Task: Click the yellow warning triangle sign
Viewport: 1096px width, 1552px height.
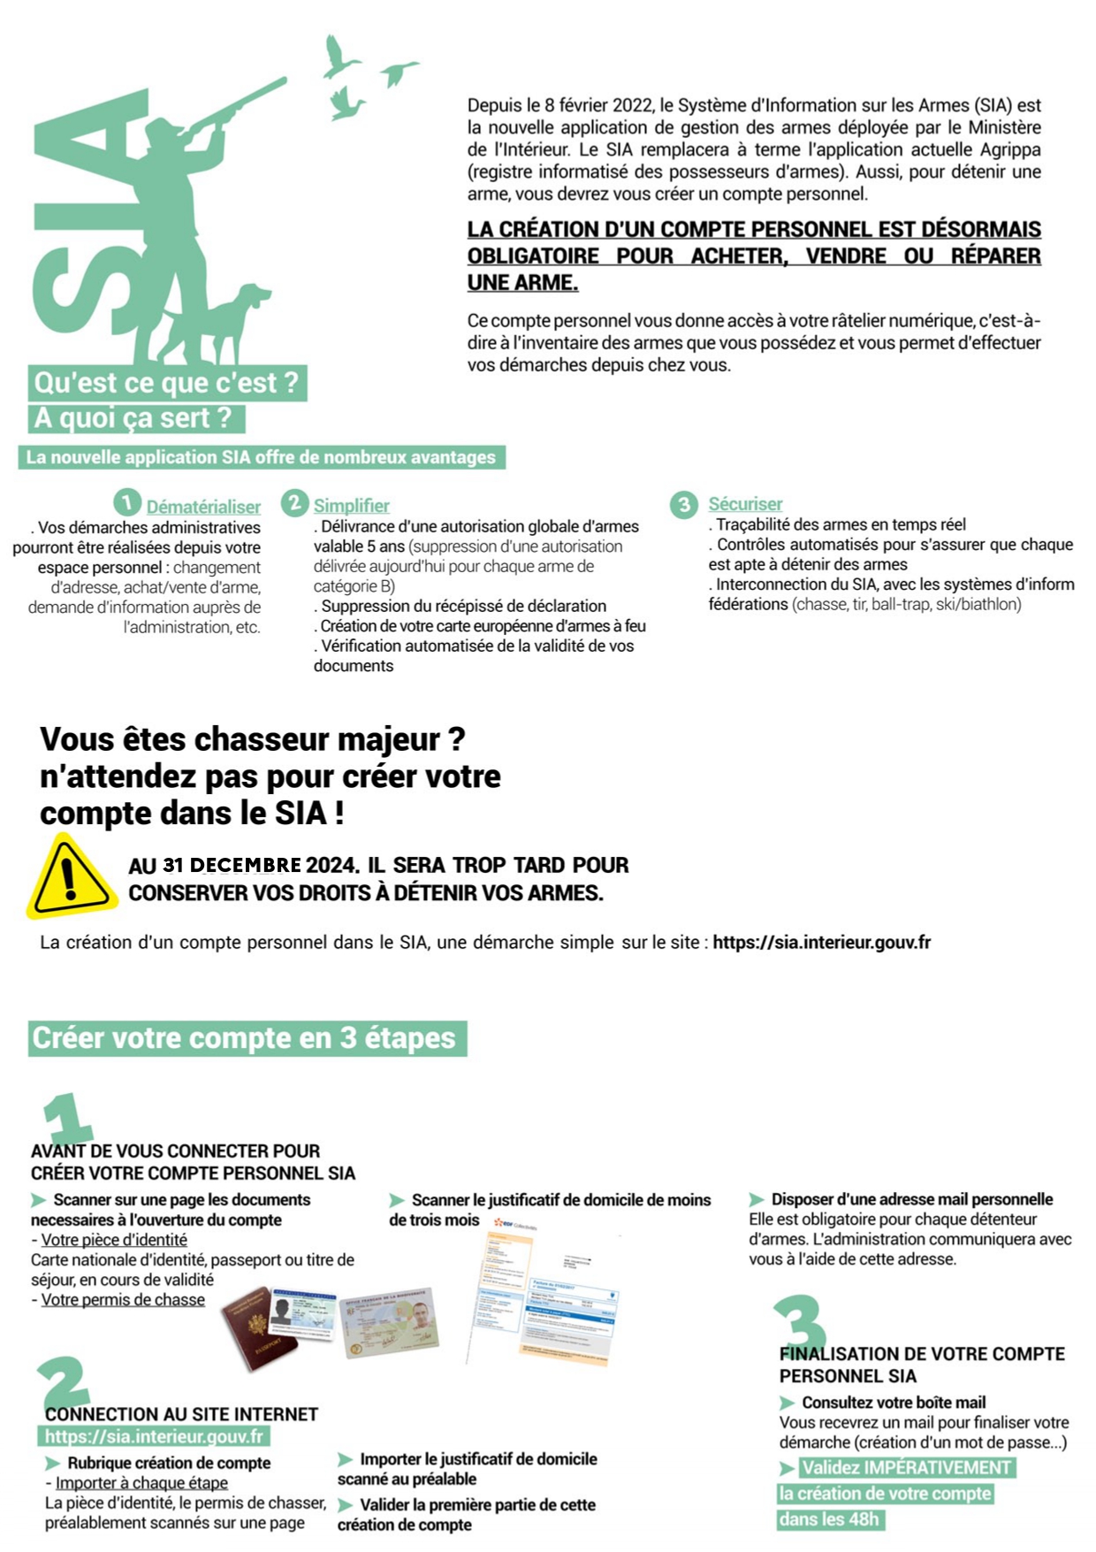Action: click(71, 875)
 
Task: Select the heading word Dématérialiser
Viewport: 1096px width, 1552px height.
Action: click(203, 507)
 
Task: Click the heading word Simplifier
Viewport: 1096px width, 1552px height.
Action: click(351, 505)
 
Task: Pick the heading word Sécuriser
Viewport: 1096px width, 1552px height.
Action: click(745, 503)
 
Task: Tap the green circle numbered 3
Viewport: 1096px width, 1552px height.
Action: click(683, 505)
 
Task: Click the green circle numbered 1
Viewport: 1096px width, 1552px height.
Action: click(127, 503)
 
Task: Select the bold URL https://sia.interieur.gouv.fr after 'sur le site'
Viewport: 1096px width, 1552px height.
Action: click(821, 942)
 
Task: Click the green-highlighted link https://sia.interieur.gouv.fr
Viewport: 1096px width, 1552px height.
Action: click(154, 1436)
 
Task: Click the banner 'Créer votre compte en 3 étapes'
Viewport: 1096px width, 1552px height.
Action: click(245, 1038)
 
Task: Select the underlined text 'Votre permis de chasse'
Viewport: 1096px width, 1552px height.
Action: click(123, 1299)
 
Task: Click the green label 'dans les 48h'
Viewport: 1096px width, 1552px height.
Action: click(829, 1519)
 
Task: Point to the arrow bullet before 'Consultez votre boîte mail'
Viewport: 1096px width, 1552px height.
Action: click(787, 1403)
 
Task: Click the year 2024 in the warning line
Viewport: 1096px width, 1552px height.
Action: click(331, 865)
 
